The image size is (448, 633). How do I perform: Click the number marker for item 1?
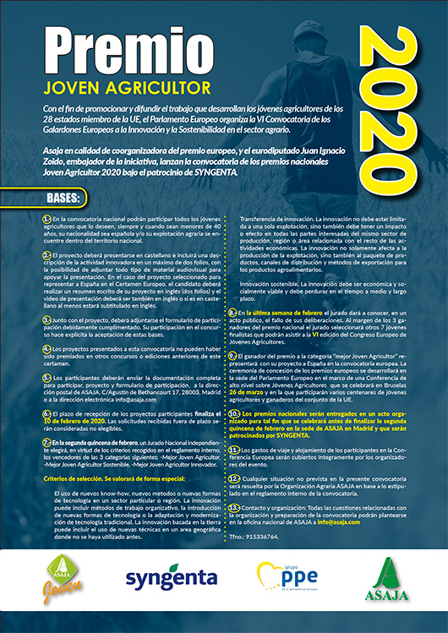click(46, 219)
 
